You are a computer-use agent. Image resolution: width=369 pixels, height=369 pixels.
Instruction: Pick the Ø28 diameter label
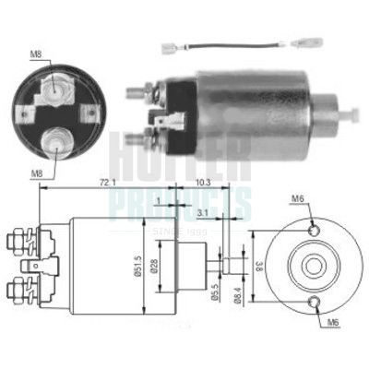[x=159, y=268]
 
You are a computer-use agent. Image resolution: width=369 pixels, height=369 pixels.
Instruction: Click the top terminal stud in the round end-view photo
[x=57, y=86]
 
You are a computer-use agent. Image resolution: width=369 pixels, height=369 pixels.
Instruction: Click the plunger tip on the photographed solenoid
[x=352, y=115]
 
